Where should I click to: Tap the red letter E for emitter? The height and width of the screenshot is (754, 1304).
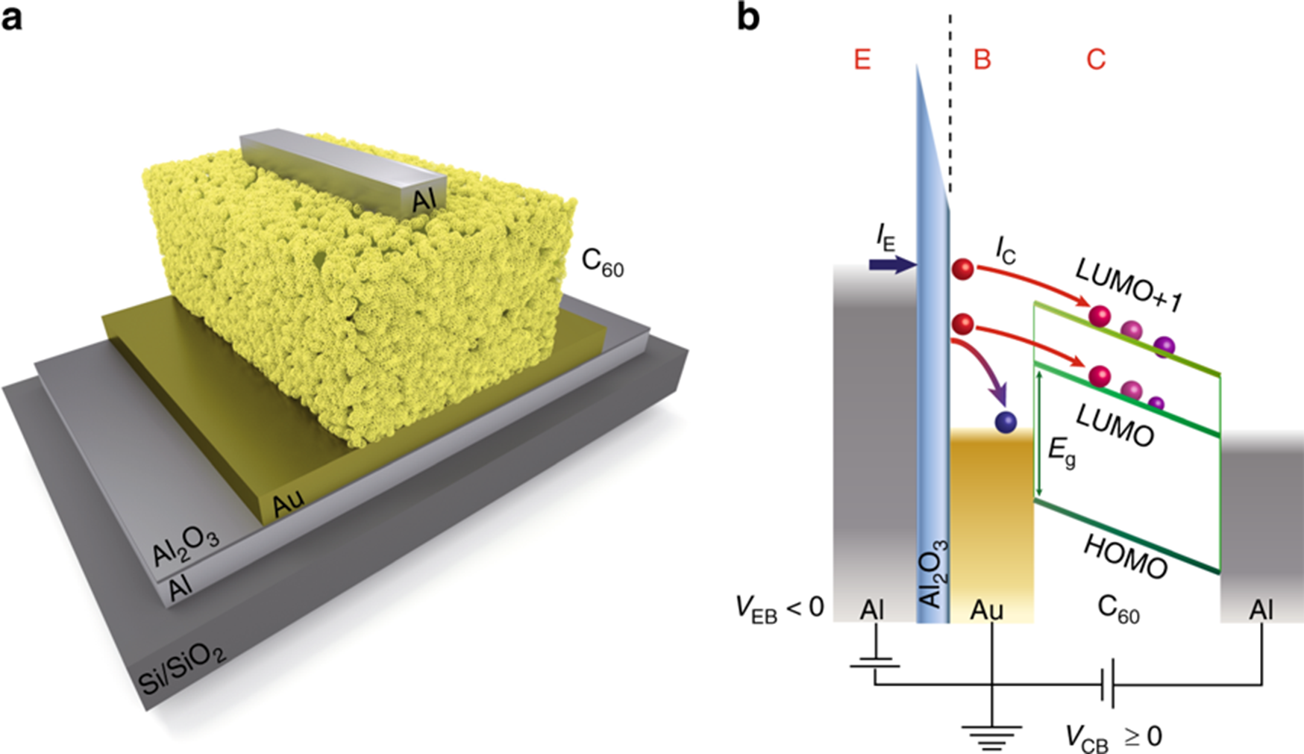coord(862,59)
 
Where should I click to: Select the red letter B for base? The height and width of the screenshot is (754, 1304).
coord(982,59)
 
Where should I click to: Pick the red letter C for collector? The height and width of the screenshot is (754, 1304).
coord(1095,59)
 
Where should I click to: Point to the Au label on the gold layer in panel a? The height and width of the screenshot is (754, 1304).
coord(288,504)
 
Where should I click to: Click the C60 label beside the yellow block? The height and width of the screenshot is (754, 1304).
coord(602,263)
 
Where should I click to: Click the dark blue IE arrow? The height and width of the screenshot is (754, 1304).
coord(892,264)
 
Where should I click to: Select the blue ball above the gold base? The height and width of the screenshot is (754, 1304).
coord(1006,422)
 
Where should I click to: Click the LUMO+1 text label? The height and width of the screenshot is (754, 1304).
coord(1129,286)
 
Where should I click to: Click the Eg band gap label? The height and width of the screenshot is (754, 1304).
coord(1062,451)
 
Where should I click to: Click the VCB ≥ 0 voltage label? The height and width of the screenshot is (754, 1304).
coord(1113,737)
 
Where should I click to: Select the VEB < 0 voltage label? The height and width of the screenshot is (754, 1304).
coord(780,608)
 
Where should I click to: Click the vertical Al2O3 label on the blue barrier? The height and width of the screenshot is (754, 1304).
coord(933,573)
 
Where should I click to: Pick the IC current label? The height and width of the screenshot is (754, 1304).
coord(1005,252)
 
